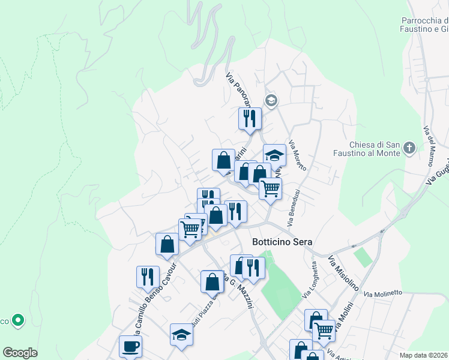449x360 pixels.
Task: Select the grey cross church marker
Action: click(x=409, y=148)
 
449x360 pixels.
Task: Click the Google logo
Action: click(x=20, y=353)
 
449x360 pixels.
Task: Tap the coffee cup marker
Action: click(x=131, y=346)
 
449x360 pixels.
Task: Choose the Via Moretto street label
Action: click(x=298, y=155)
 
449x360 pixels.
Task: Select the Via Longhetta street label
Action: click(x=310, y=280)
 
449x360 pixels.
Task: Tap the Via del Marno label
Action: click(x=429, y=146)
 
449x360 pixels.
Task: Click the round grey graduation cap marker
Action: click(x=271, y=100)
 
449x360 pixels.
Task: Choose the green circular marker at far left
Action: click(x=19, y=321)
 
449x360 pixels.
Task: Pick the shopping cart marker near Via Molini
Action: click(x=324, y=329)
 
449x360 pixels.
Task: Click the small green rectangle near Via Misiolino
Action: click(x=362, y=257)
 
